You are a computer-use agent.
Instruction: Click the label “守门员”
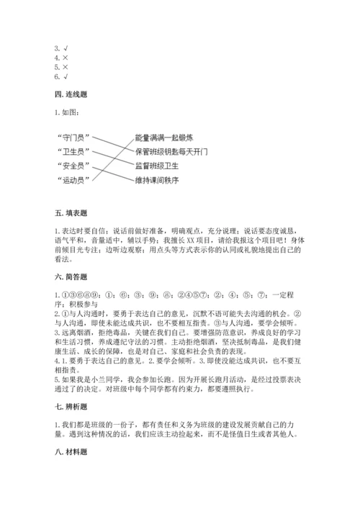point(73,137)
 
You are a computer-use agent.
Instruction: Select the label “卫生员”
point(73,151)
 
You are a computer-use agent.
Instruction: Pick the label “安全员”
point(73,166)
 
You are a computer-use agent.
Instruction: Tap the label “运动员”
point(73,179)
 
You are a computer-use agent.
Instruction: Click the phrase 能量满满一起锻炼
point(163,137)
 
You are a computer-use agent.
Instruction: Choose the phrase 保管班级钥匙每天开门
point(171,151)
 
